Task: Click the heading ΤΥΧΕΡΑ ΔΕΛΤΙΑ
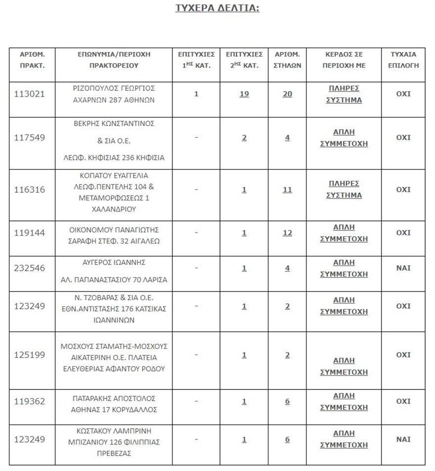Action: point(217,8)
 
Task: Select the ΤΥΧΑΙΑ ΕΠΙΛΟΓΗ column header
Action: point(403,59)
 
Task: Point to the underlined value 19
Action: point(244,94)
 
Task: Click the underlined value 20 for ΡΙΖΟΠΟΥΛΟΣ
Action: point(287,94)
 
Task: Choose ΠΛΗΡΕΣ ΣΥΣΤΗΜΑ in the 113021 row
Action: point(344,94)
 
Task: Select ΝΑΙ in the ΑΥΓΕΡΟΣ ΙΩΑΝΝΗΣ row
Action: point(403,268)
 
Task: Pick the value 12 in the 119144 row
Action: point(287,233)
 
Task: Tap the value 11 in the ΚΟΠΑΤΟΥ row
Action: point(287,190)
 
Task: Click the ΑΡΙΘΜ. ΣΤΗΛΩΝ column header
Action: point(287,59)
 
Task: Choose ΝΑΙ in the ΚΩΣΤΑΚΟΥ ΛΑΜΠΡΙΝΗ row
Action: point(403,439)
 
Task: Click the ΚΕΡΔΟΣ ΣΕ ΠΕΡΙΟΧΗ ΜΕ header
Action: point(344,59)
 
